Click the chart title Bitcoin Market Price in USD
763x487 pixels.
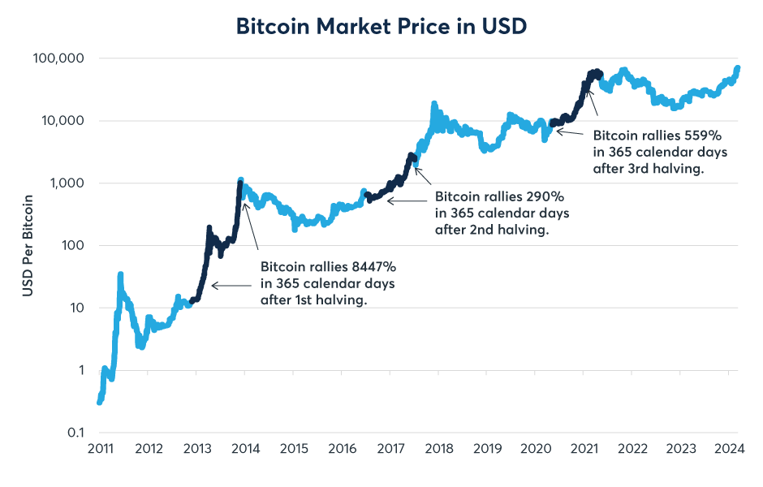(381, 26)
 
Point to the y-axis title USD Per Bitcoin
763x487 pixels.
(28, 245)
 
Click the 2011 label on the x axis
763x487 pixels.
(99, 450)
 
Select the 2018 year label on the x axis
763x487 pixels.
(438, 450)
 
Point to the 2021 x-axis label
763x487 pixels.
(584, 450)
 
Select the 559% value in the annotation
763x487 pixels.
(704, 135)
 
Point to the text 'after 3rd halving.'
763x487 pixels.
(649, 169)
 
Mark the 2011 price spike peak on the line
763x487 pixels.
(120, 274)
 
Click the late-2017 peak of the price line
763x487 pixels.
(433, 104)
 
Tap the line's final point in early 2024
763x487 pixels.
(737, 67)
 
